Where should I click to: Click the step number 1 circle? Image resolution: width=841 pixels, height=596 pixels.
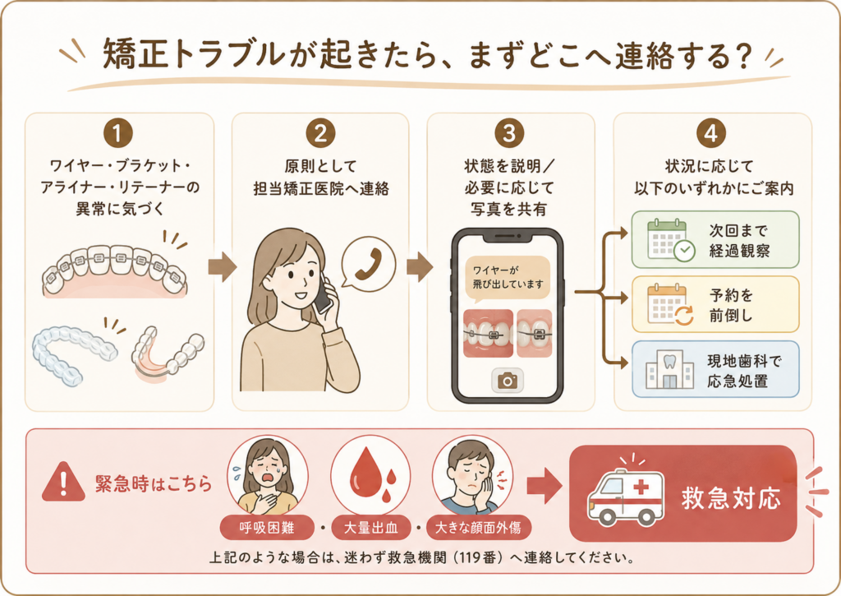coord(118,133)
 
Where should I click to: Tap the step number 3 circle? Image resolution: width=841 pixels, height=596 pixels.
coord(509,133)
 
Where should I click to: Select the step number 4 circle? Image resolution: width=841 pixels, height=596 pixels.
coord(711,133)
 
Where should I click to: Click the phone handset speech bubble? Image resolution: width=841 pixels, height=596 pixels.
coord(369,264)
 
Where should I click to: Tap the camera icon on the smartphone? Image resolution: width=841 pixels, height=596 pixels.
coord(508,381)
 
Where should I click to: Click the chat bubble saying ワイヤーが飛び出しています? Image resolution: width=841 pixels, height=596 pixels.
coord(508,278)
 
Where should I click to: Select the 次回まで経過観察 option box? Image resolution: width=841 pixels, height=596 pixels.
coord(715,239)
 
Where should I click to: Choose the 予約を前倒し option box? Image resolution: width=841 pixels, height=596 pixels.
coord(715,304)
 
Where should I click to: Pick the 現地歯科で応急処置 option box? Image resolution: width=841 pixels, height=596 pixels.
coord(715,369)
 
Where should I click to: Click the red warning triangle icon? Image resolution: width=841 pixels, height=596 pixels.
coord(63,483)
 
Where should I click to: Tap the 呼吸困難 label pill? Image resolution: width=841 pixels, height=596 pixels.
coord(267,529)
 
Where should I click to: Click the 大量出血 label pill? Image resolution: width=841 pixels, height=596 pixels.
coord(370,529)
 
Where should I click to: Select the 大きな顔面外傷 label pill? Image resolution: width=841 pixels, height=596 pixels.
coord(479,529)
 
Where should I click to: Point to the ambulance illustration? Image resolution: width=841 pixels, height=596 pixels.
coord(626,495)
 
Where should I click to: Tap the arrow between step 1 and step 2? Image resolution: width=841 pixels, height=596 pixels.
coord(222,267)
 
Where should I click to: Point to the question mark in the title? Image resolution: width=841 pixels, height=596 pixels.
coord(742,56)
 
